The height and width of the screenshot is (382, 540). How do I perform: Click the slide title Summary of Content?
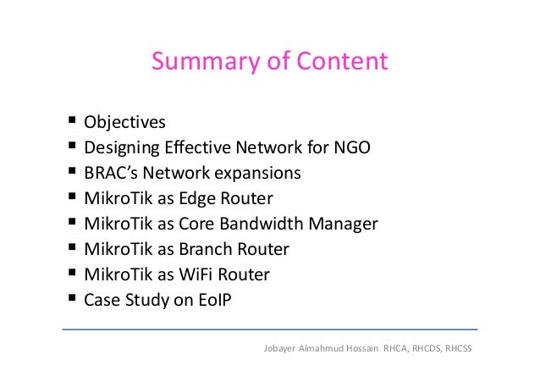coord(269,62)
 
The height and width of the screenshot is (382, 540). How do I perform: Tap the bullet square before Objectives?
coord(70,124)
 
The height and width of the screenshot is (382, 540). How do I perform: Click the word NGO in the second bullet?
coord(352,149)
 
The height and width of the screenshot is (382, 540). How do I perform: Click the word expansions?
coord(259,174)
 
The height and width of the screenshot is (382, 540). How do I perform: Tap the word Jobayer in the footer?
coord(283,347)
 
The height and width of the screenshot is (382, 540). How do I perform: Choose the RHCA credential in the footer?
coord(396,347)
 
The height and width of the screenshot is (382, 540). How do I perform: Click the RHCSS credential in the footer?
coord(456,347)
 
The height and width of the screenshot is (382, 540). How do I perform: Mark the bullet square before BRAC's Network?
coord(70,174)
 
